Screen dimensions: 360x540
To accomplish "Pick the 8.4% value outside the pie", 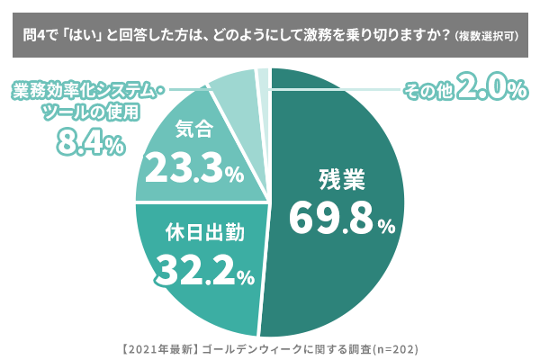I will (x=89, y=141).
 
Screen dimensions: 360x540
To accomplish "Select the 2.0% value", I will (x=491, y=89).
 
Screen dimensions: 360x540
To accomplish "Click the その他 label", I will (x=427, y=91).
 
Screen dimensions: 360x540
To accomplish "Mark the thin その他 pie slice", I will (x=264, y=79).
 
